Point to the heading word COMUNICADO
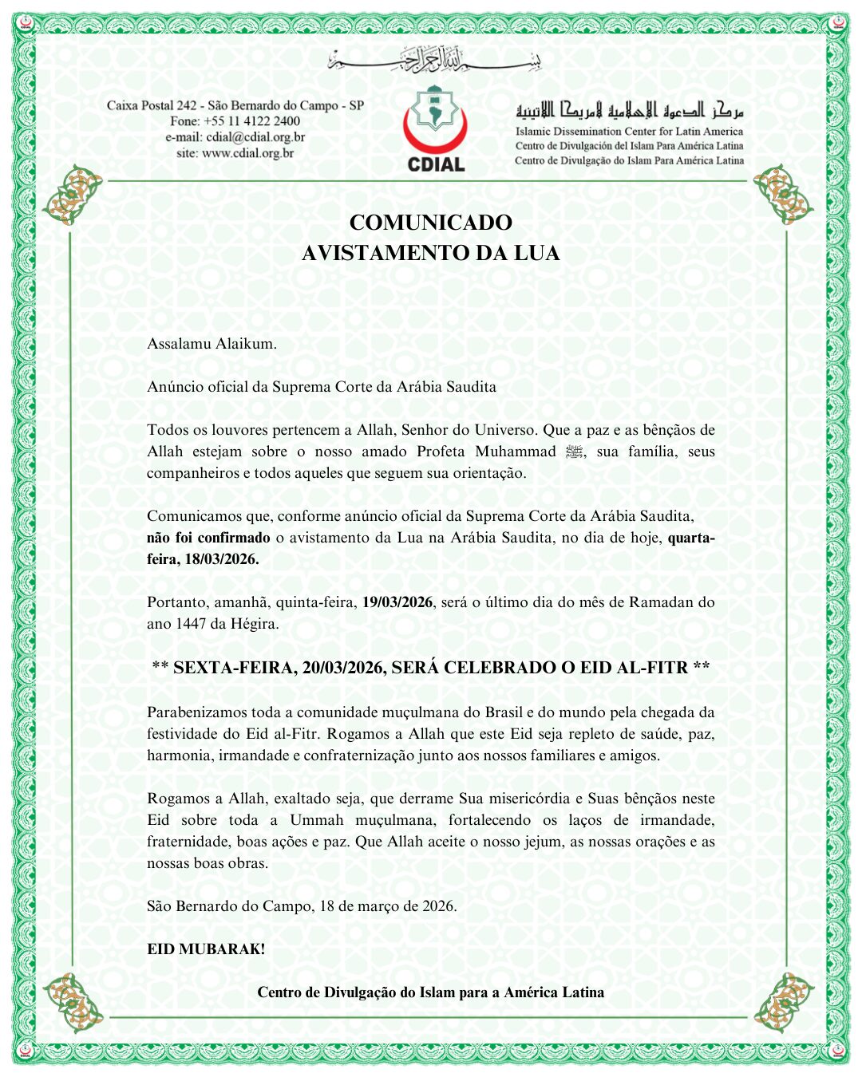click(430, 223)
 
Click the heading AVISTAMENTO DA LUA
click(430, 254)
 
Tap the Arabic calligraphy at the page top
click(435, 60)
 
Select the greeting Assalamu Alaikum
click(212, 344)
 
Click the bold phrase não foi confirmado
click(208, 538)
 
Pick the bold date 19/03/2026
click(397, 602)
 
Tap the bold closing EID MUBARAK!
click(206, 949)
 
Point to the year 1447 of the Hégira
click(190, 624)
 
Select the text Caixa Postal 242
click(152, 105)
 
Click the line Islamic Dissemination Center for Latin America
click(629, 132)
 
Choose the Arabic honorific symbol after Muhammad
click(574, 452)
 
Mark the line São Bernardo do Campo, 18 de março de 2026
click(302, 906)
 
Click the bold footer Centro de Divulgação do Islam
click(430, 992)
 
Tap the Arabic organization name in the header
click(629, 111)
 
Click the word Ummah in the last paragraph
click(316, 820)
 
